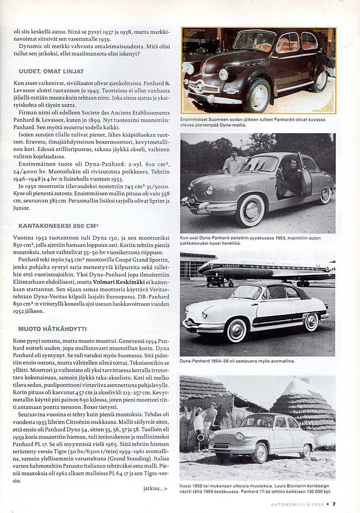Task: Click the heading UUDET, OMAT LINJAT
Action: [51, 71]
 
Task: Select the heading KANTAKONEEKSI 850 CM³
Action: [58, 226]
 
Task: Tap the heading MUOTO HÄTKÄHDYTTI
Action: [53, 328]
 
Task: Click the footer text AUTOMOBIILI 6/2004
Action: [297, 504]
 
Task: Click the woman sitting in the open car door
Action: [283, 176]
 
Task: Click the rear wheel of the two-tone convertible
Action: [311, 322]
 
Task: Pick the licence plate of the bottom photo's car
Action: [220, 446]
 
